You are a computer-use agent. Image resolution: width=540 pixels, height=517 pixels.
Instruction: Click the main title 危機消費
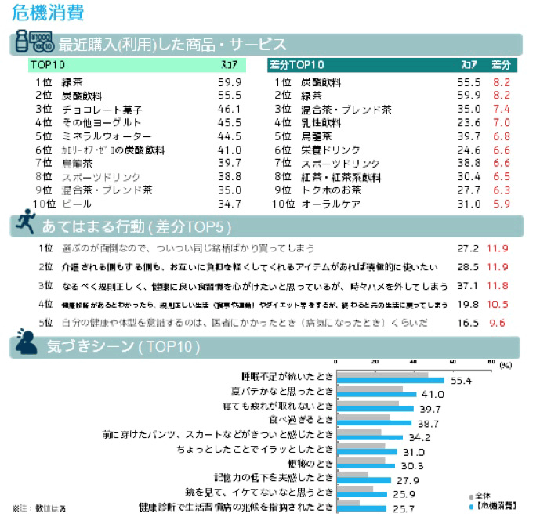(48, 13)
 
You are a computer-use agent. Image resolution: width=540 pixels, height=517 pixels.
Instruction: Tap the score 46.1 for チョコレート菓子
(228, 110)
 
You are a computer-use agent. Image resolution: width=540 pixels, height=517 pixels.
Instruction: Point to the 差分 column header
(501, 64)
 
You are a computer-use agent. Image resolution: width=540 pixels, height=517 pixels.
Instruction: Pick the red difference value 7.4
(502, 110)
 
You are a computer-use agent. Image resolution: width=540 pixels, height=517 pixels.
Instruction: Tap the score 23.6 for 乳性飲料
(468, 123)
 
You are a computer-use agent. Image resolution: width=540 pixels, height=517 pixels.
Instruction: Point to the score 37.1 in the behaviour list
(467, 286)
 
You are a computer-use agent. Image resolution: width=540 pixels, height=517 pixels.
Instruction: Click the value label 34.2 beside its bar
(419, 437)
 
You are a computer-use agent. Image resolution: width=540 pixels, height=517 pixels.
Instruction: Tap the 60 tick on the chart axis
(452, 362)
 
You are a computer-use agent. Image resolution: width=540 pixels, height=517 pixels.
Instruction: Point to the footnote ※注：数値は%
(38, 508)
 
